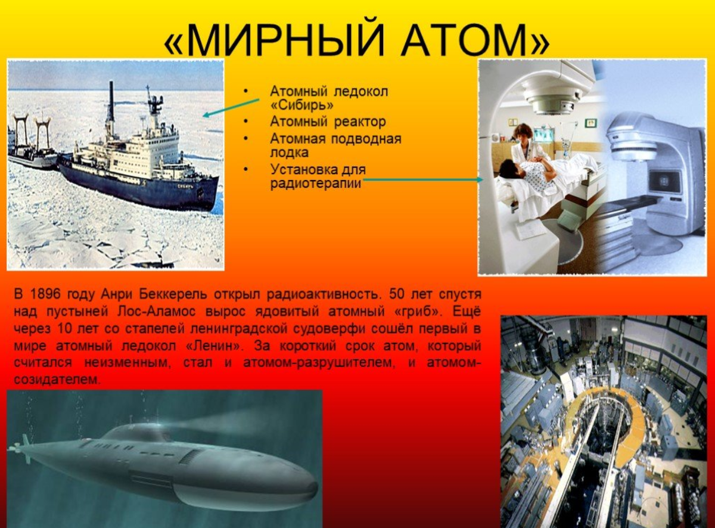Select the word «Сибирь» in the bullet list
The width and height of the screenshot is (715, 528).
pos(301,105)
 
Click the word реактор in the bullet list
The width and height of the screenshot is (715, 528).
pos(359,122)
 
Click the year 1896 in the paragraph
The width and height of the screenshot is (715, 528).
pos(46,294)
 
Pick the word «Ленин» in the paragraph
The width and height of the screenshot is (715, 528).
pos(213,346)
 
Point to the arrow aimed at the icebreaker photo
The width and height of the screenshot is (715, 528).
pos(231,108)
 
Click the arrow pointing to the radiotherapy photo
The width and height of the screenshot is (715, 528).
pos(422,179)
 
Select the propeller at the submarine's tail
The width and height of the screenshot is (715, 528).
pos(18,448)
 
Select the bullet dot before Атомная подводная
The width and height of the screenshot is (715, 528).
pos(246,139)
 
